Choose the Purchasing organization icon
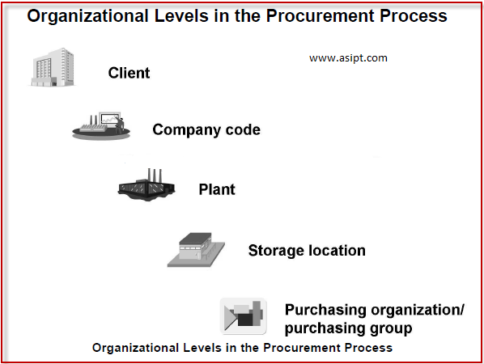pos(244,316)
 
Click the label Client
pos(129,74)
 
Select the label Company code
pos(206,130)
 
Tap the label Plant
pos(217,190)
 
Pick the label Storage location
pos(307,251)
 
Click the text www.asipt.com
pos(348,57)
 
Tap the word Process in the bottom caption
pos(369,348)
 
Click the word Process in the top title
pos(413,15)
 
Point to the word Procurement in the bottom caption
pos(304,348)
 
